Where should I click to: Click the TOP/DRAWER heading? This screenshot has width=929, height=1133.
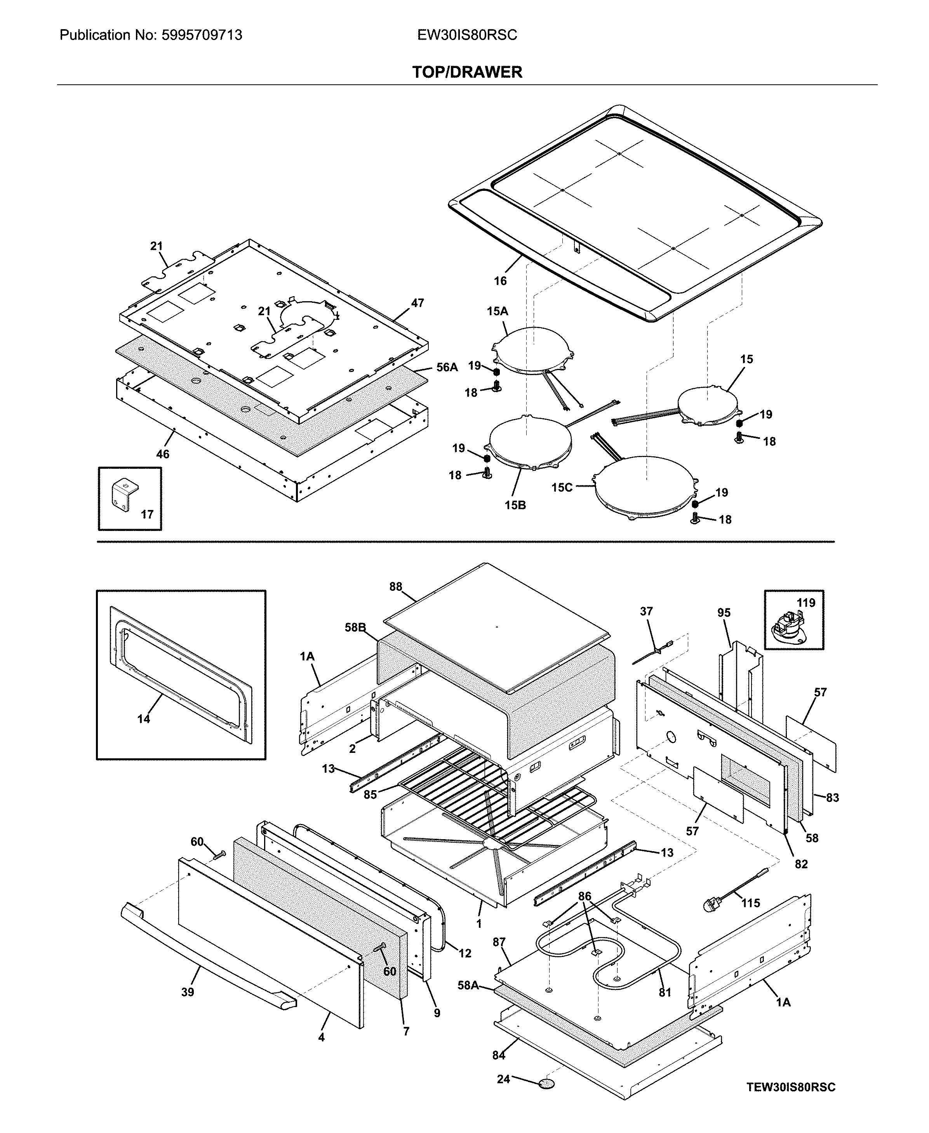467,72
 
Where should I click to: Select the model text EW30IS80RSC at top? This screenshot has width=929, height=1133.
467,35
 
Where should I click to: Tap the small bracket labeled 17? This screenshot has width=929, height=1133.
125,494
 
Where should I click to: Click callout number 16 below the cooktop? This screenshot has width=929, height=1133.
500,281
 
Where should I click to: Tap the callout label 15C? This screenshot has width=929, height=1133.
562,487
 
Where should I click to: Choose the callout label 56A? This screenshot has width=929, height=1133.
447,367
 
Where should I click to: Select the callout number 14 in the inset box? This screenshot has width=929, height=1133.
143,719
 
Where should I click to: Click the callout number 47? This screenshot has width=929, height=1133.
418,303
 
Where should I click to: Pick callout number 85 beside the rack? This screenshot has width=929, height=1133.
370,794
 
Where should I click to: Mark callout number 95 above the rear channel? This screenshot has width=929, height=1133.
724,613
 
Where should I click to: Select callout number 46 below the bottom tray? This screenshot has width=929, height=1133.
163,454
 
